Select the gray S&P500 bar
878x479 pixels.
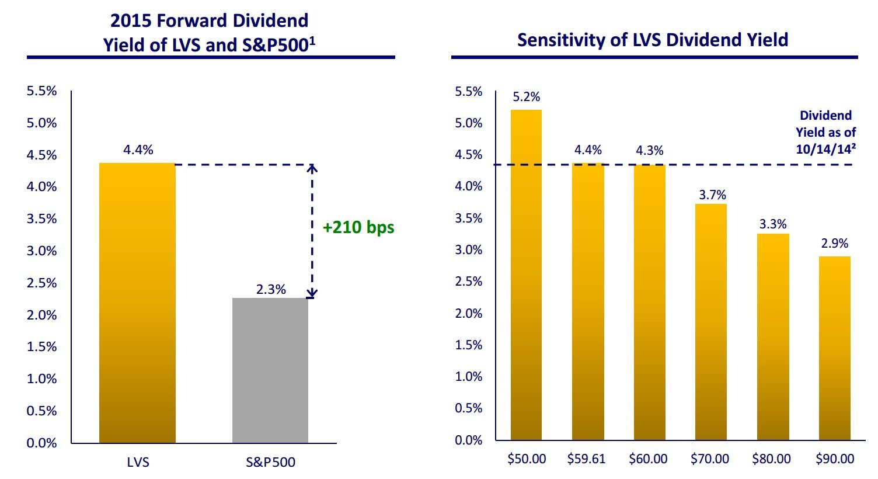tap(270, 370)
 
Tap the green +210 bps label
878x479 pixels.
tap(358, 227)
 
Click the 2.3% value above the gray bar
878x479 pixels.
tap(271, 289)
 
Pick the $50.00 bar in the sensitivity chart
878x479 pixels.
tap(526, 275)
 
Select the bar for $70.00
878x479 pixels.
tap(711, 322)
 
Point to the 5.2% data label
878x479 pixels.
tap(527, 97)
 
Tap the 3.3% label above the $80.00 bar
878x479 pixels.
tap(773, 224)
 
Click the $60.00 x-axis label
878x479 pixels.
tap(648, 459)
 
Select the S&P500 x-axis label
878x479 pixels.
tap(270, 463)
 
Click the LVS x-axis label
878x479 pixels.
tap(138, 463)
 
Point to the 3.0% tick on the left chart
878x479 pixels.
tap(41, 251)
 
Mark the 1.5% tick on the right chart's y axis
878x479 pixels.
tap(469, 345)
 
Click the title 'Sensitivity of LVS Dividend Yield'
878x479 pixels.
tap(653, 40)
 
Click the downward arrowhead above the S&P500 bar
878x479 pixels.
tap(312, 293)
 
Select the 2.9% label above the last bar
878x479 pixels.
tap(834, 244)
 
